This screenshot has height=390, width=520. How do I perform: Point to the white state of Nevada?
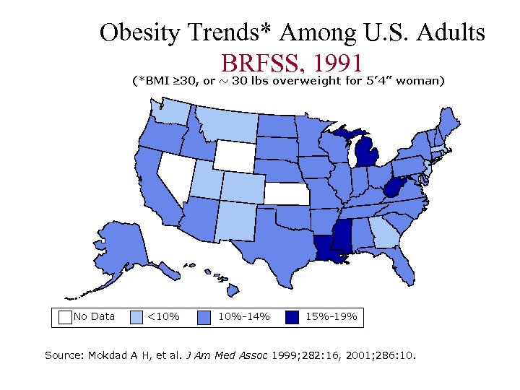(x=174, y=177)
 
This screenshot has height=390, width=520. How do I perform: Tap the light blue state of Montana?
(x=226, y=123)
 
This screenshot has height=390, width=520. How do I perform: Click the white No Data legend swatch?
(x=65, y=316)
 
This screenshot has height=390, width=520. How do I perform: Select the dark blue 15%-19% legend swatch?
(x=292, y=316)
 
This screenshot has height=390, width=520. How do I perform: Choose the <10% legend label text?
(x=163, y=316)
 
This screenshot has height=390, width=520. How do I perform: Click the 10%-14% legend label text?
(x=243, y=316)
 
